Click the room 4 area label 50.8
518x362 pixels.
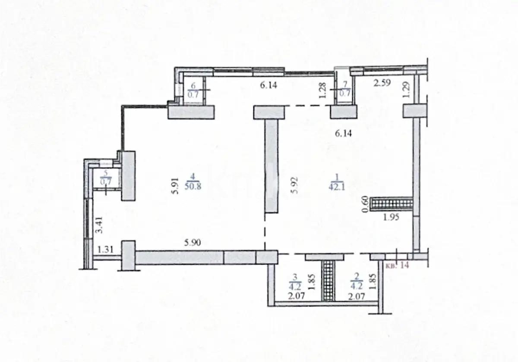[193, 186]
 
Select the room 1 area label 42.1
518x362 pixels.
[337, 187]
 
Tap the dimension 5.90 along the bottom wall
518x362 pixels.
[193, 243]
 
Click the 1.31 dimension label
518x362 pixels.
[105, 250]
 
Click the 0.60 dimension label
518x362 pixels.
[365, 204]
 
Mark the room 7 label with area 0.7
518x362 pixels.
[345, 89]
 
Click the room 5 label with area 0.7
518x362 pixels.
[106, 178]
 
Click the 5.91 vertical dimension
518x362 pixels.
[176, 186]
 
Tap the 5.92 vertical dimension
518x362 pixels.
[294, 186]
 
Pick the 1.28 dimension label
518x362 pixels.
[322, 90]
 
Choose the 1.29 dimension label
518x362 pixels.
[407, 90]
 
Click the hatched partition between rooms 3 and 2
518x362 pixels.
[328, 281]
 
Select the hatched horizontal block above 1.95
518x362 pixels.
[391, 204]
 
